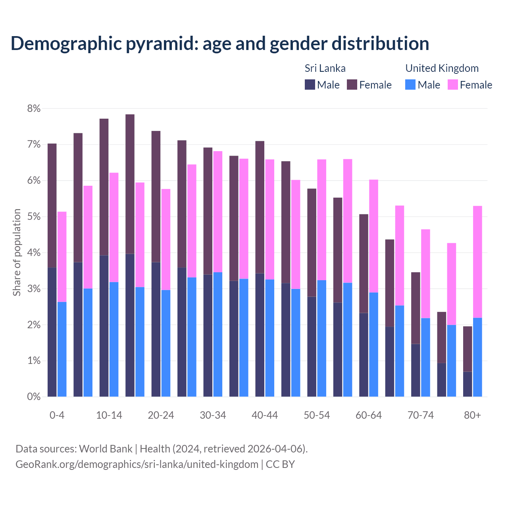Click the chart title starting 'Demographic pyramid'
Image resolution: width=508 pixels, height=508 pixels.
219,43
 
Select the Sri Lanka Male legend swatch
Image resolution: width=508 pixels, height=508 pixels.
310,85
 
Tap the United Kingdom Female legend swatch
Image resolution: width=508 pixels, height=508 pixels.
452,85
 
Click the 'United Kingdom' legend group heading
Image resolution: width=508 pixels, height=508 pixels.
442,68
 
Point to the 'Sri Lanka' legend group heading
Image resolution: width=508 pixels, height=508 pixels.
325,68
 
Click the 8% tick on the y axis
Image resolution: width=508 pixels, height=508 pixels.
34,108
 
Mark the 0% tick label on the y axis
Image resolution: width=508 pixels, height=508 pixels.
34,396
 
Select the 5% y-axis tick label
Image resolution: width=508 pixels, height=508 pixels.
34,217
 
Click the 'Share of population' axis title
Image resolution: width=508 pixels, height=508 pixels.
17,252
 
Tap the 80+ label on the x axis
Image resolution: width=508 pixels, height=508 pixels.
472,415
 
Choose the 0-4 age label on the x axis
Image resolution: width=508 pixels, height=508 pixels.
57,415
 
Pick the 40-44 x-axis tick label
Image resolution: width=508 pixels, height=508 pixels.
265,415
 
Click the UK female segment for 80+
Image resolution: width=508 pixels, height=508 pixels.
477,262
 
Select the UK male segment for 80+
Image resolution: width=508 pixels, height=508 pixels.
477,357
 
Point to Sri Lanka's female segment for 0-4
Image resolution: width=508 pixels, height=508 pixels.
52,206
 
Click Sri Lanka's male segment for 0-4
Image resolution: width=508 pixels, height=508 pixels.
52,332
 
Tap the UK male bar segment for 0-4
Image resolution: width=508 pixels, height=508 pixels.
62,349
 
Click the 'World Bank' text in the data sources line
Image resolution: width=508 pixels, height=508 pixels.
106,449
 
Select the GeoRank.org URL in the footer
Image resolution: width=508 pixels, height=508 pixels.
137,464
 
